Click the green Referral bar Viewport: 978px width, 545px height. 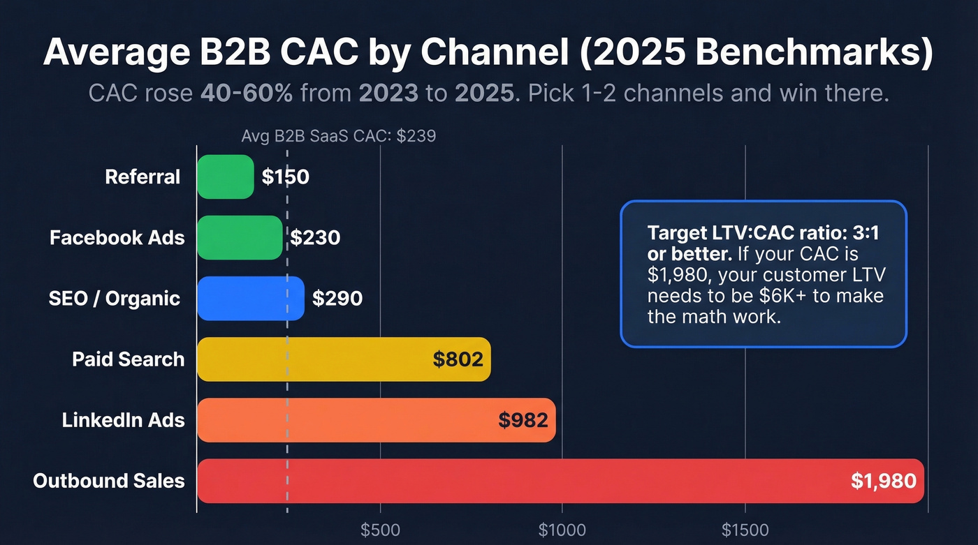click(225, 177)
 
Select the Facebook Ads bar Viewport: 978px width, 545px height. click(240, 238)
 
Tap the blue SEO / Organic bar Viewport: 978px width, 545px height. click(250, 299)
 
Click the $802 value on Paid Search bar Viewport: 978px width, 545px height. click(458, 359)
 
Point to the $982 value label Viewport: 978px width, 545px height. click(523, 420)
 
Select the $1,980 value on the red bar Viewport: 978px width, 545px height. click(883, 481)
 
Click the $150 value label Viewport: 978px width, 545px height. click(285, 177)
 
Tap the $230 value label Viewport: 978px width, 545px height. click(315, 238)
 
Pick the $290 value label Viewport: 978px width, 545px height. click(337, 299)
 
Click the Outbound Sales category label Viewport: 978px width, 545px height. click(109, 481)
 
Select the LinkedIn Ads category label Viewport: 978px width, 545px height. click(123, 420)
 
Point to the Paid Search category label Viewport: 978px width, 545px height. click(129, 359)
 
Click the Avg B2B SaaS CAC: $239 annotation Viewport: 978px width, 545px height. click(338, 136)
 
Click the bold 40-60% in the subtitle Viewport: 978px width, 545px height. click(246, 94)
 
